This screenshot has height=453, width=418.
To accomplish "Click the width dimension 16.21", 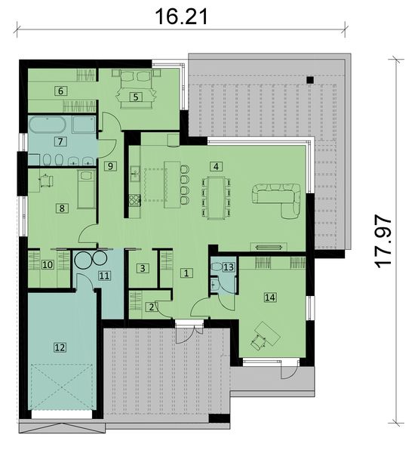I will pos(180,14).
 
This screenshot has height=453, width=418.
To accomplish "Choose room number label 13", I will pos(229,267).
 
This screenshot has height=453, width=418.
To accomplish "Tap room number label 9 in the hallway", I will pos(110,166).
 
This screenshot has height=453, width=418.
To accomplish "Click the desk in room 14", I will pos(265,333).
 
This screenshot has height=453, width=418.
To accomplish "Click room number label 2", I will pos(151,307).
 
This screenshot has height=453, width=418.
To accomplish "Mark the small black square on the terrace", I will pos(309,79).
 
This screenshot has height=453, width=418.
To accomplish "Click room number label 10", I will pos(47,265).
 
